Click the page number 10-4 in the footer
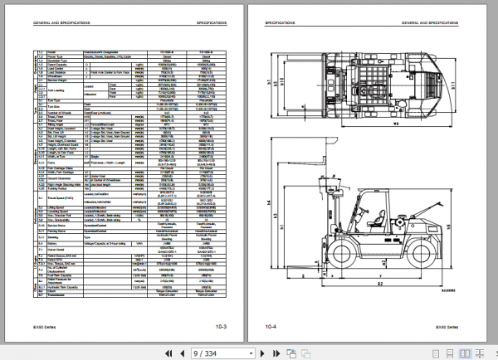coord(270,328)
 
